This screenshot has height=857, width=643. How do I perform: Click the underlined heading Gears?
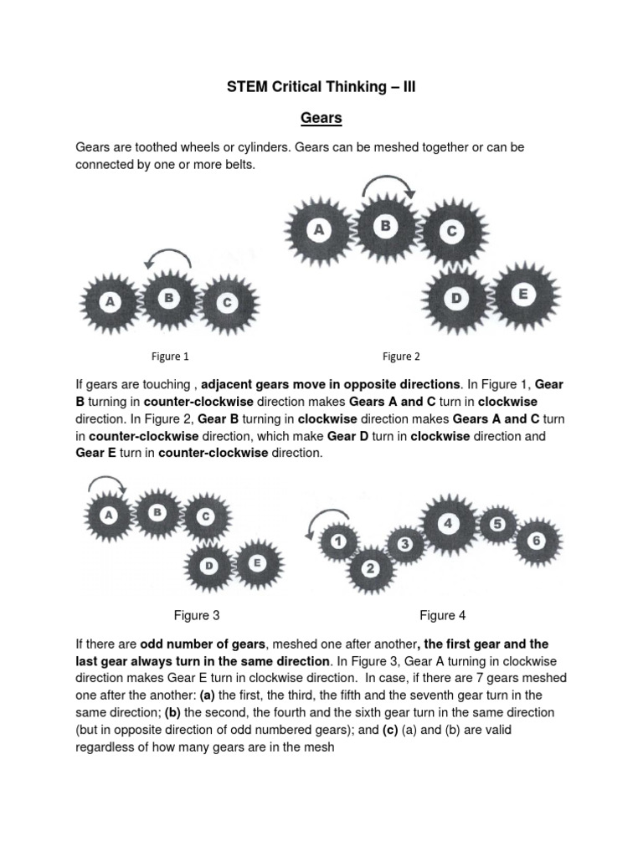(x=321, y=118)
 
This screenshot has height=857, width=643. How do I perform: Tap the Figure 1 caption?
(x=170, y=357)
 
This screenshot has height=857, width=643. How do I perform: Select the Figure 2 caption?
(x=402, y=357)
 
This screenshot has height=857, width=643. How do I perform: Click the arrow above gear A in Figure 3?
(x=106, y=482)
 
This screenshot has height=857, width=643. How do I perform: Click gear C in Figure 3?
(x=204, y=516)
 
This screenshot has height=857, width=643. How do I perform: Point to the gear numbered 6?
(x=537, y=541)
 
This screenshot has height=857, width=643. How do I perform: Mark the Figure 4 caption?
(x=442, y=616)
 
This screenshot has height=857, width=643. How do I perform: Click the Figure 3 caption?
(x=197, y=616)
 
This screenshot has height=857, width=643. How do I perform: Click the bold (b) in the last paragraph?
(x=172, y=711)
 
